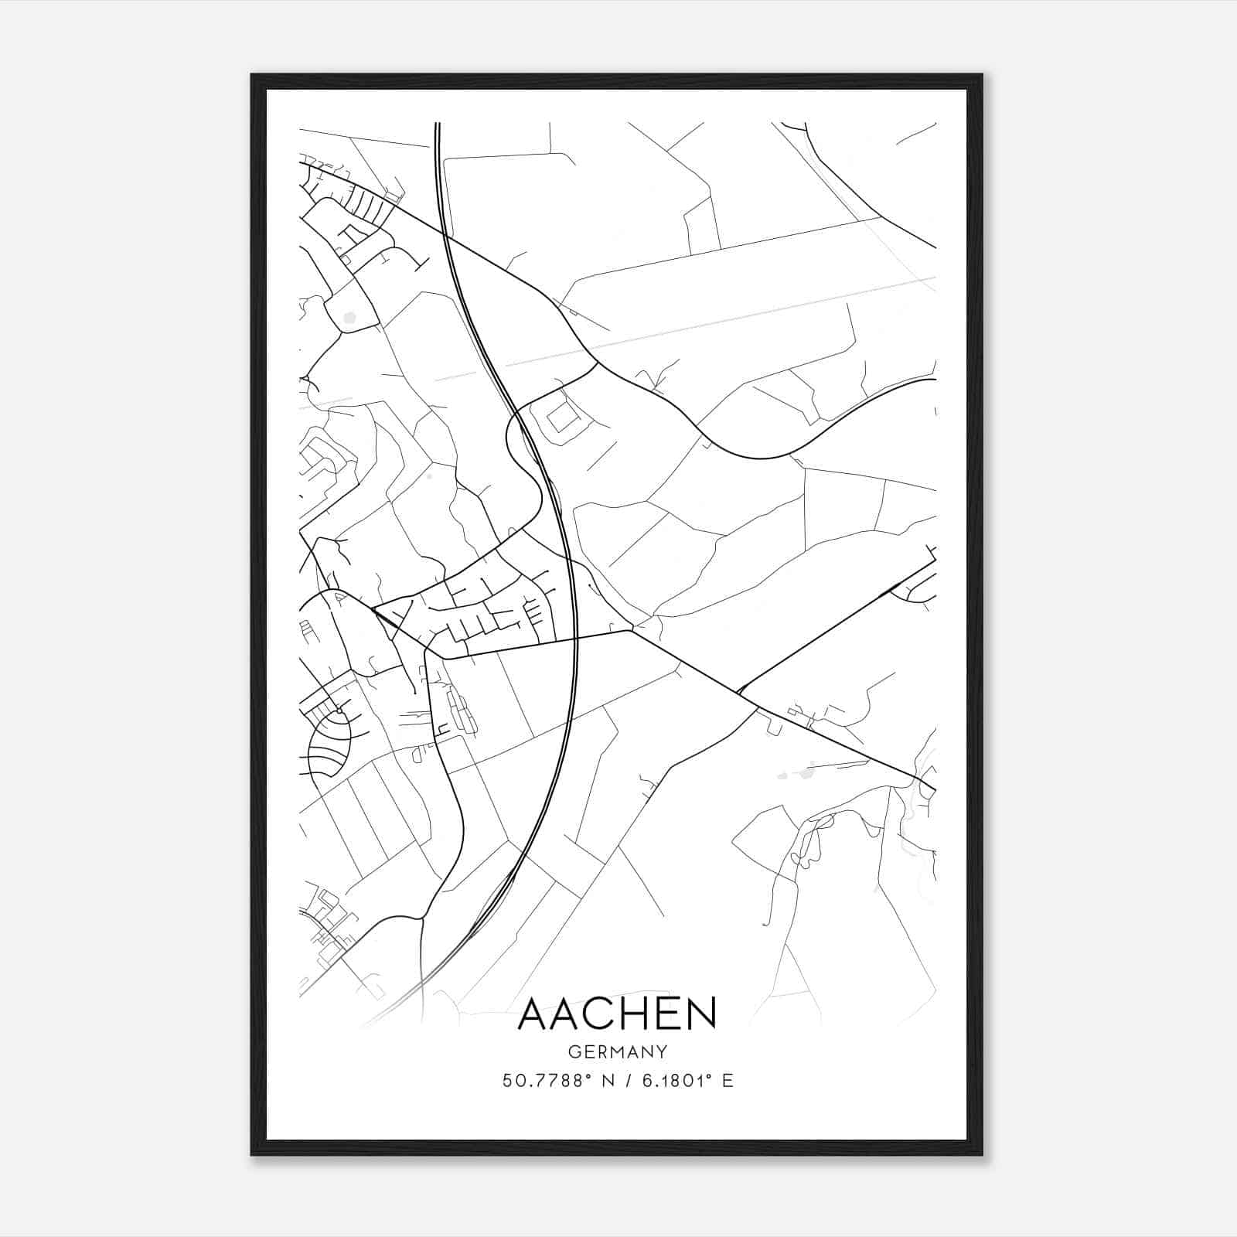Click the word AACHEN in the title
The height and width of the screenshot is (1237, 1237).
618,1014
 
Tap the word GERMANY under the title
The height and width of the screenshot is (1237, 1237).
618,1051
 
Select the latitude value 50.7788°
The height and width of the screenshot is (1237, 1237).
550,1080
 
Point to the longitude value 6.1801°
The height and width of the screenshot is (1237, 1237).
676,1080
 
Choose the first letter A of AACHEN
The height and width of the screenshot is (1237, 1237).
533,1014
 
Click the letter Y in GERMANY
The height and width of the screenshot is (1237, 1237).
662,1051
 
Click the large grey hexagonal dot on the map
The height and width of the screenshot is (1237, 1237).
349,316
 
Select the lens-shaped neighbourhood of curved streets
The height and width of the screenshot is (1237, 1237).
329,745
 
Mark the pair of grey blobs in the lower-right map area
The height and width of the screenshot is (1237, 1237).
796,772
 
